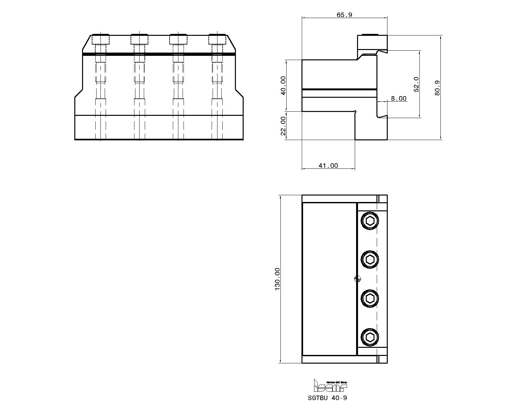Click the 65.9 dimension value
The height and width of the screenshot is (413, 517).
[x=344, y=15]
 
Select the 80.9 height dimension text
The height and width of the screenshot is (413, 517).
[x=438, y=88]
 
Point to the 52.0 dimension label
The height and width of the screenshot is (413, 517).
[x=417, y=84]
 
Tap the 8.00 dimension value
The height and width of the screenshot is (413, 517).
[x=398, y=99]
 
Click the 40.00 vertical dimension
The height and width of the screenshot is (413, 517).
[x=283, y=86]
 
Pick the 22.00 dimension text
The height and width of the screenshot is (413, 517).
[x=283, y=126]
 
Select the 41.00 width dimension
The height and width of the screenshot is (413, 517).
[x=328, y=166]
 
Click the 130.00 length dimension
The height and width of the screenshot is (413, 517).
[x=277, y=279]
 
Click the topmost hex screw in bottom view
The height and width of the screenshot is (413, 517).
[x=370, y=221]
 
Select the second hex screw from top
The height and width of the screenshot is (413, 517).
[x=370, y=259]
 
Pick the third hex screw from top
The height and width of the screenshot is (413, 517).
[x=370, y=298]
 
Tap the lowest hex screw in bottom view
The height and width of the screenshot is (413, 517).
[x=370, y=337]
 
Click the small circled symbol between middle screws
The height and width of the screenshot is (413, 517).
[x=357, y=279]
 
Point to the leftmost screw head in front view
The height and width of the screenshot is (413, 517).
[x=101, y=39]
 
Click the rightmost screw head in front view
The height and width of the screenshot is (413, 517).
[x=217, y=39]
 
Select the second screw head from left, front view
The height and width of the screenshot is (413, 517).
[x=140, y=39]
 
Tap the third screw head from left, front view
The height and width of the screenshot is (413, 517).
[x=178, y=39]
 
